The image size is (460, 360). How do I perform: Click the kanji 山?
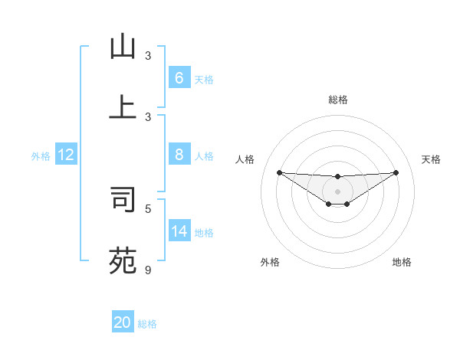tap(123, 47)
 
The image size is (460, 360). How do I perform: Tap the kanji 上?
tap(123, 107)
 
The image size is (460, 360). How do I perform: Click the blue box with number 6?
tap(179, 78)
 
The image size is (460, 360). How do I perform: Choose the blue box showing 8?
tap(179, 155)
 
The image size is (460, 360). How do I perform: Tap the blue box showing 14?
tap(179, 231)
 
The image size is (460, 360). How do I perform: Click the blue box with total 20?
tap(123, 322)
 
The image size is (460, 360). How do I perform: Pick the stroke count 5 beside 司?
tap(148, 208)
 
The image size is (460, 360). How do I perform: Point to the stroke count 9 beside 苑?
tap(148, 270)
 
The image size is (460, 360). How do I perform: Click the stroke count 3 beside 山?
tap(148, 56)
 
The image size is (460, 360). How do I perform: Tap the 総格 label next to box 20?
tap(147, 324)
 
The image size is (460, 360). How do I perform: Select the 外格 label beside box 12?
tap(41, 156)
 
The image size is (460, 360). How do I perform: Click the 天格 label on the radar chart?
tap(431, 159)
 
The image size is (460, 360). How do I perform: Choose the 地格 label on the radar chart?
tap(402, 262)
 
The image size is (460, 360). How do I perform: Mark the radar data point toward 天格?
tap(396, 172)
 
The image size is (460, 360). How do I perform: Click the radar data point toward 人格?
tap(279, 172)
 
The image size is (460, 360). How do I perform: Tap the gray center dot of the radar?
tap(337, 191)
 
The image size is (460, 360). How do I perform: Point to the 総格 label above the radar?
tap(337, 100)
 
